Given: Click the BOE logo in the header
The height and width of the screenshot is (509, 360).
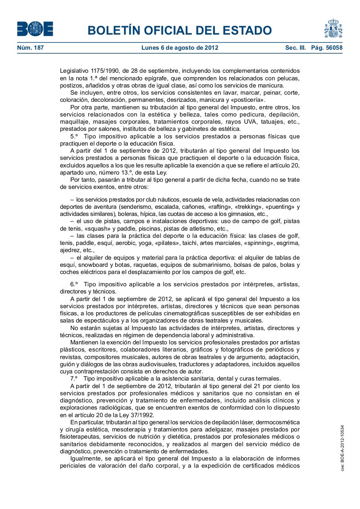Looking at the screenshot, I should (35, 29).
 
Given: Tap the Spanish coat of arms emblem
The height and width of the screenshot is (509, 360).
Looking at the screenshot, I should (333, 29).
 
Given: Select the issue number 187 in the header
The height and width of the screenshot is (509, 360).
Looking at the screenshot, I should (39, 48).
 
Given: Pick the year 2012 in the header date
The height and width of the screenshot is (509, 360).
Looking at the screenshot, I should (211, 48).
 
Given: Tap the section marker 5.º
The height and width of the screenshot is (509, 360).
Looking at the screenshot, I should (74, 136).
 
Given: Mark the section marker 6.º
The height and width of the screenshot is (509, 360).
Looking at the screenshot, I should (74, 284).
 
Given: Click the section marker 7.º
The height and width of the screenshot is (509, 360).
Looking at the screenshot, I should (74, 379).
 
